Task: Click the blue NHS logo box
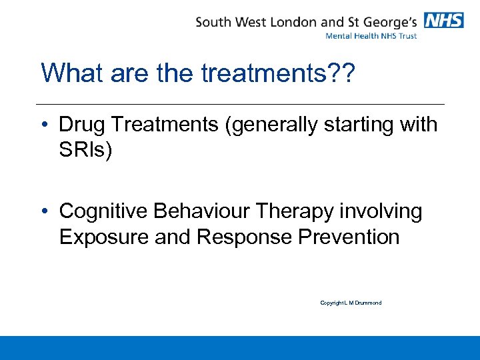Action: [443, 20]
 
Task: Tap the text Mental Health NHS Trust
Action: [371, 35]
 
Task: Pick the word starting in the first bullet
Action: [363, 125]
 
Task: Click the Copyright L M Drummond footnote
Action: [351, 303]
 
